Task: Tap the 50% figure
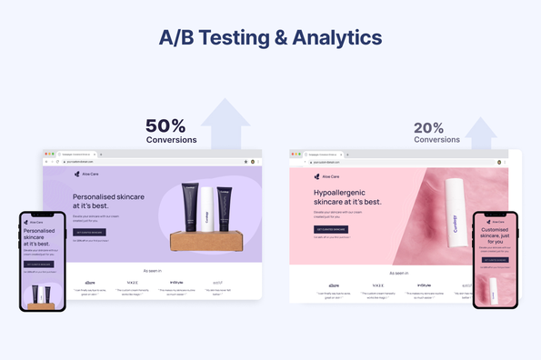(x=165, y=125)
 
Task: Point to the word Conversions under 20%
(x=436, y=140)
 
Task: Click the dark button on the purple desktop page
(x=89, y=232)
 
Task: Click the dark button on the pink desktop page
(x=332, y=229)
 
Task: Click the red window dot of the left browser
(x=45, y=154)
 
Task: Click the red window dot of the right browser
(x=293, y=154)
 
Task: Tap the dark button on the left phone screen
(x=39, y=265)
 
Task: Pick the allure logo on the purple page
(x=89, y=282)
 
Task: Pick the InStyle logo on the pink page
(x=424, y=285)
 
